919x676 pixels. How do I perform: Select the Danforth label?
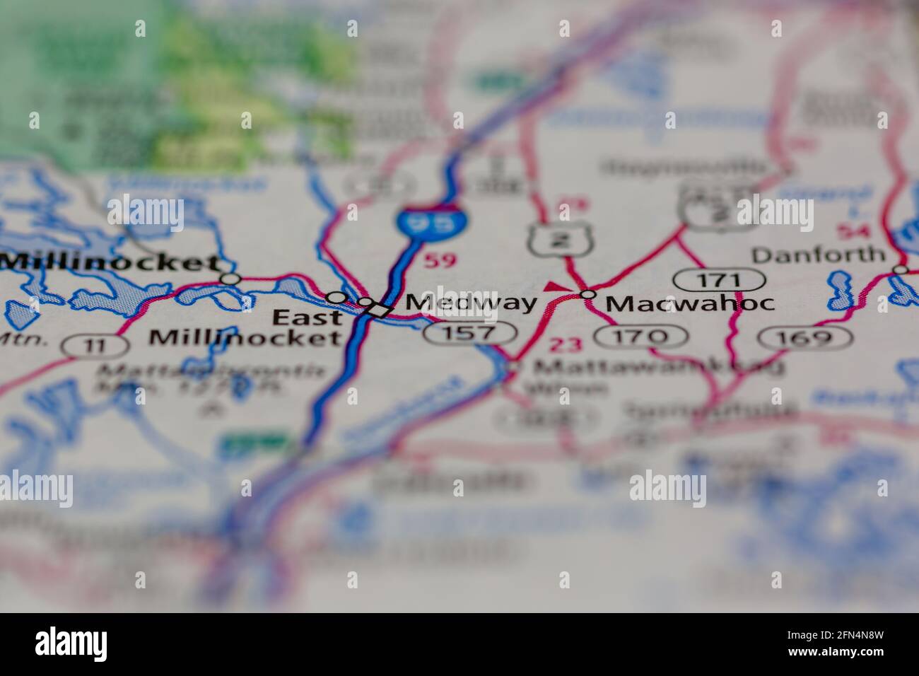pyautogui.click(x=818, y=255)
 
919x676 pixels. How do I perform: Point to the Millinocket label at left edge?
pyautogui.click(x=110, y=263)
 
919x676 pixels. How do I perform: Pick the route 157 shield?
pyautogui.click(x=470, y=333)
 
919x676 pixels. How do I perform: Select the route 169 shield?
pyautogui.click(x=804, y=338)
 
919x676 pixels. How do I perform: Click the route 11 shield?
pyautogui.click(x=95, y=346)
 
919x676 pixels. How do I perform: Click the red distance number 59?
pyautogui.click(x=440, y=261)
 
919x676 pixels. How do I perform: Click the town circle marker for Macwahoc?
pyautogui.click(x=587, y=293)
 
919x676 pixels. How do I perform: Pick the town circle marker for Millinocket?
pyautogui.click(x=230, y=279)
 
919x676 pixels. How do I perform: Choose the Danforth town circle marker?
pyautogui.click(x=900, y=269)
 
